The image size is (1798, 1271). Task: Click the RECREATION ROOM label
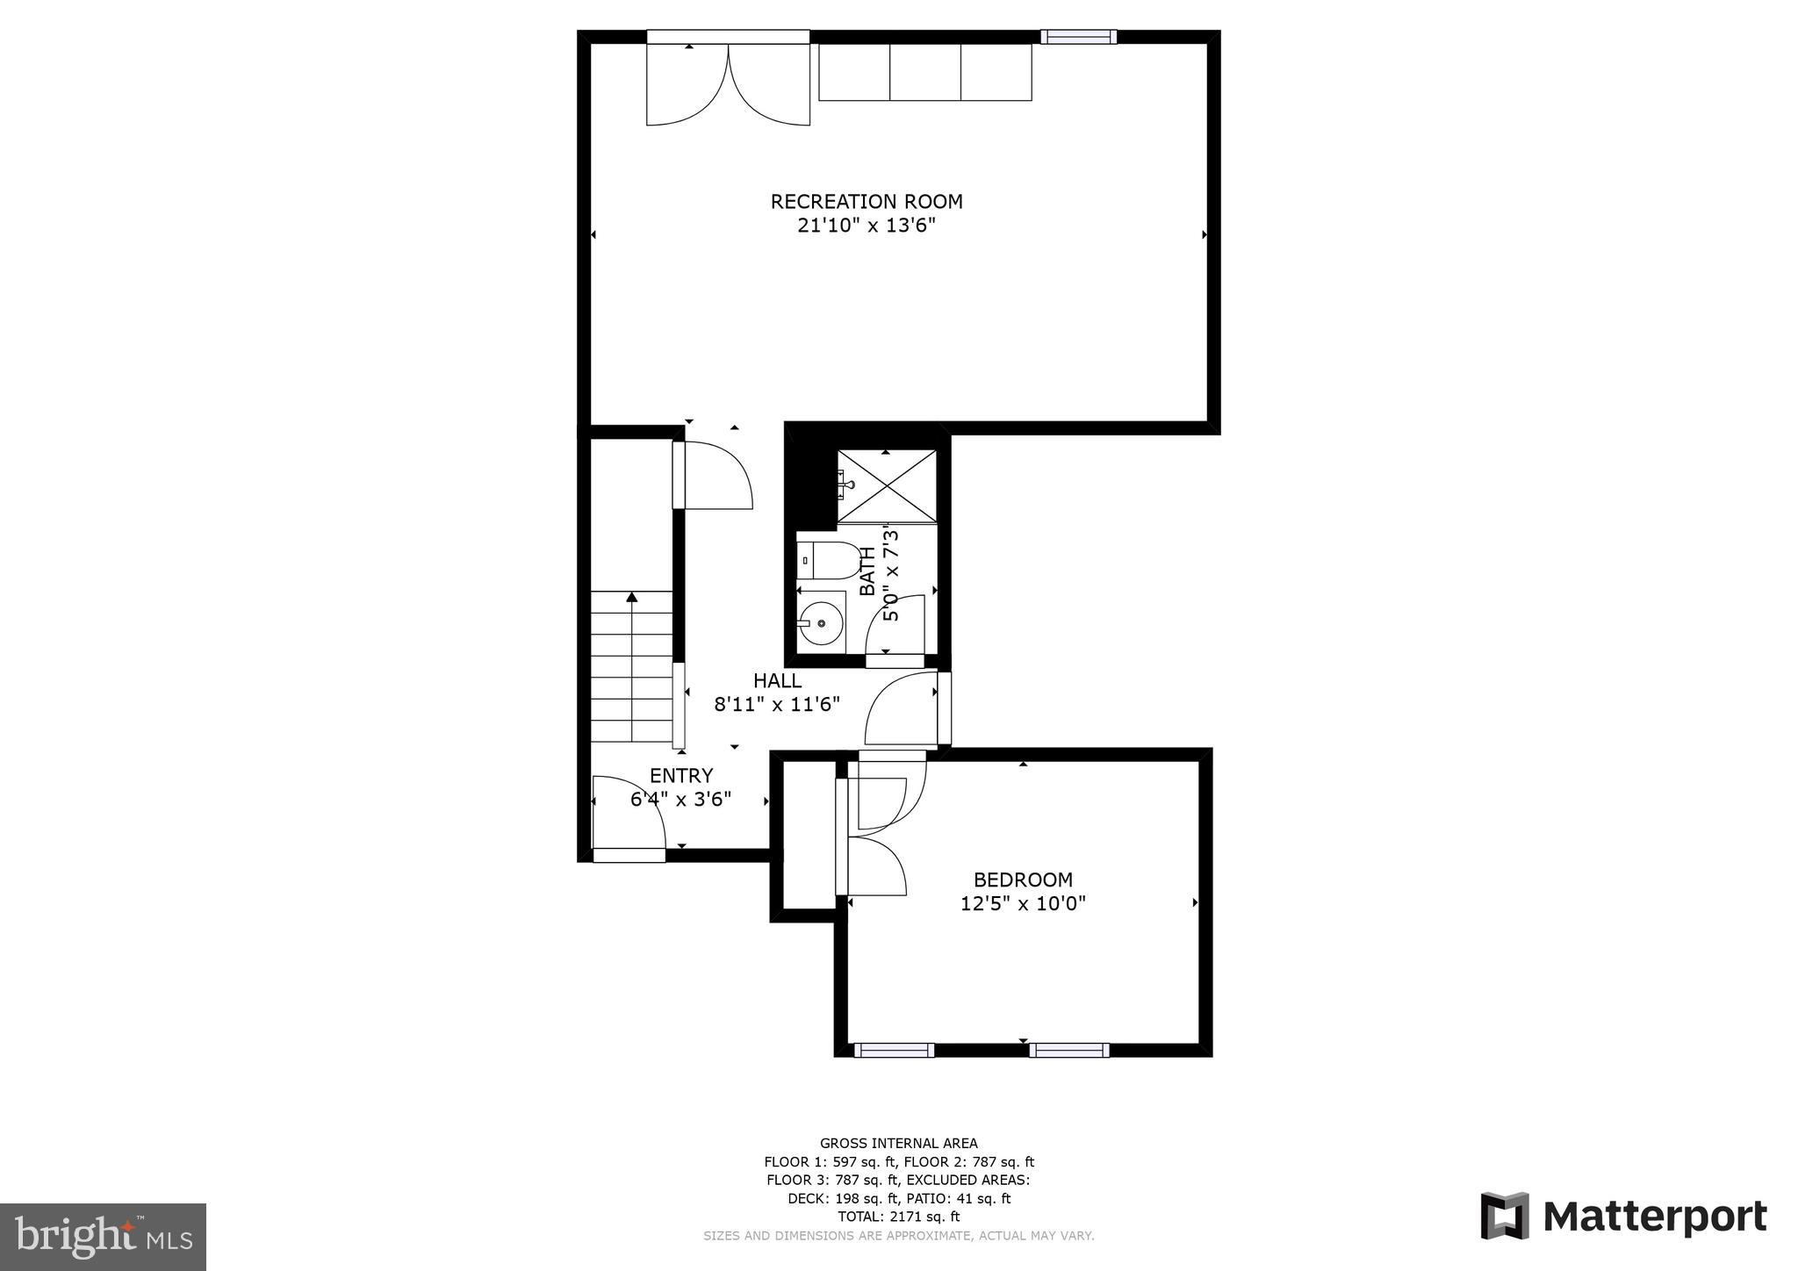tap(867, 201)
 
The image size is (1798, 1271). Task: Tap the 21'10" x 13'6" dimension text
tap(867, 226)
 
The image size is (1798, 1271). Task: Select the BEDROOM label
tap(1023, 880)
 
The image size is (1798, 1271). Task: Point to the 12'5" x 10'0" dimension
tap(1023, 903)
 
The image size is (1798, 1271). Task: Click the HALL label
tap(777, 680)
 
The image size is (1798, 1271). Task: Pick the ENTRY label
tap(681, 776)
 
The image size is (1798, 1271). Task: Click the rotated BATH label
tap(867, 571)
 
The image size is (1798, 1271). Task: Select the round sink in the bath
tap(821, 623)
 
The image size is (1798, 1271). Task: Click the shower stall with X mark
tap(887, 485)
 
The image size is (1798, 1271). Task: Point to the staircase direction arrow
tap(631, 598)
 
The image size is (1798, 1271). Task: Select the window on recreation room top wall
tap(1079, 36)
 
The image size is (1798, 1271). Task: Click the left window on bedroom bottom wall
tap(894, 1050)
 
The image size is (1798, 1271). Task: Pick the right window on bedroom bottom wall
tap(1068, 1050)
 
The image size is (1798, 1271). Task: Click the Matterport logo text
tap(1654, 1217)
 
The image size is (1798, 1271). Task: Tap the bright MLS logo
tap(103, 1238)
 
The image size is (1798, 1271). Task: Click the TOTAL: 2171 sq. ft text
tap(898, 1217)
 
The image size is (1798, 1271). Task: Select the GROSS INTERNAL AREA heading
tap(898, 1143)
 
